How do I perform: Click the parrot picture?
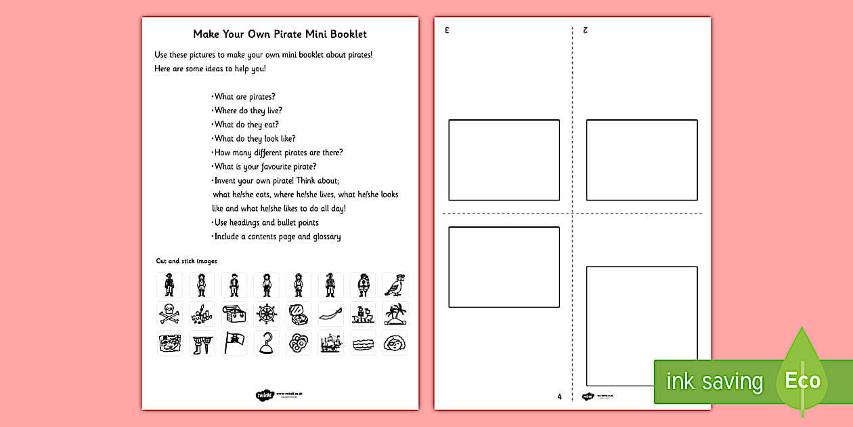coord(395,285)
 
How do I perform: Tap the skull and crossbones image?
coord(169,314)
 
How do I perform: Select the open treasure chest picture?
coord(234,314)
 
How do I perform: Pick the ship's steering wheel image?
coord(266,314)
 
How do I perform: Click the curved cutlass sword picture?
coord(330,314)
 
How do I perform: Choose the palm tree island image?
coord(395,314)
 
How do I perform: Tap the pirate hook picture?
coord(266,343)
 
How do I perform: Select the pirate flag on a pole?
coord(234,343)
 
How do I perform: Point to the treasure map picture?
coord(169,343)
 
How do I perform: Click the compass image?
coord(298,314)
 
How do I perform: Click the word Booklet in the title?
coord(346,34)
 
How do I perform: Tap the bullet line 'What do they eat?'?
coord(246,125)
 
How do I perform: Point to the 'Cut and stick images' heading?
coord(186,261)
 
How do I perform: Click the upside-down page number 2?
coord(585,30)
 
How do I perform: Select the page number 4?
coord(560,396)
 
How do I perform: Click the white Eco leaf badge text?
coord(802,380)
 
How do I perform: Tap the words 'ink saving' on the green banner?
coord(714,382)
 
